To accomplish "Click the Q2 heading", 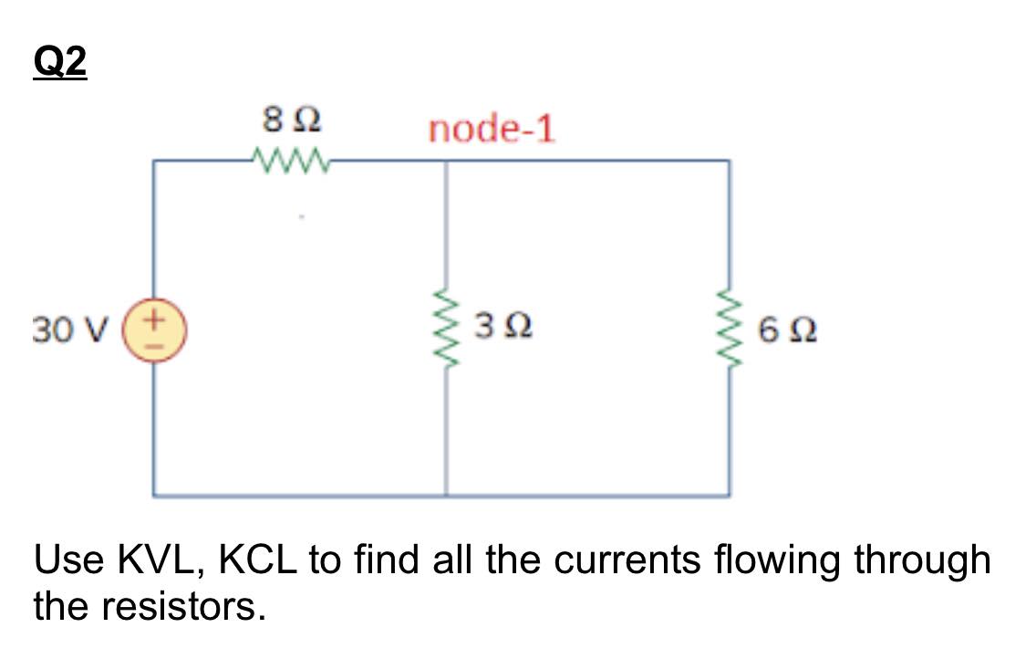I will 60,62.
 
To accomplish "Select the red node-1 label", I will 492,130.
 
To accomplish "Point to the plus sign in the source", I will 156,320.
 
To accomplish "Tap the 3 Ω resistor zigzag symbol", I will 446,328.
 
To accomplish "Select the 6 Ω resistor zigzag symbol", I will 729,328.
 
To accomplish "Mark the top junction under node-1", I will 446,162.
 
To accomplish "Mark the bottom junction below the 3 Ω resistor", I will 446,496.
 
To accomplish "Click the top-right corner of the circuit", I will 729,162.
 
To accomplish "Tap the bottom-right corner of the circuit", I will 729,496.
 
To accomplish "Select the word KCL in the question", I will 256,560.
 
